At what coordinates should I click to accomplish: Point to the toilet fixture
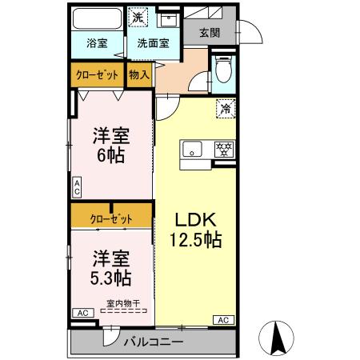coord(223,70)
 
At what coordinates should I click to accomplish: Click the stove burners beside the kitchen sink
coord(225,148)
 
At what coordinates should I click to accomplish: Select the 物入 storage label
coord(139,75)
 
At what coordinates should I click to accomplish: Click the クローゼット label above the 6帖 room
coord(98,75)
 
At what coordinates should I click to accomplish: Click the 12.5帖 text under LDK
coord(195,238)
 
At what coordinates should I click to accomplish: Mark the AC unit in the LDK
coord(223,320)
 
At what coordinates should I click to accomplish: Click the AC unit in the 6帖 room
coord(77,188)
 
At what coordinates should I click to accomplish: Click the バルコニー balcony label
coord(153,342)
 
